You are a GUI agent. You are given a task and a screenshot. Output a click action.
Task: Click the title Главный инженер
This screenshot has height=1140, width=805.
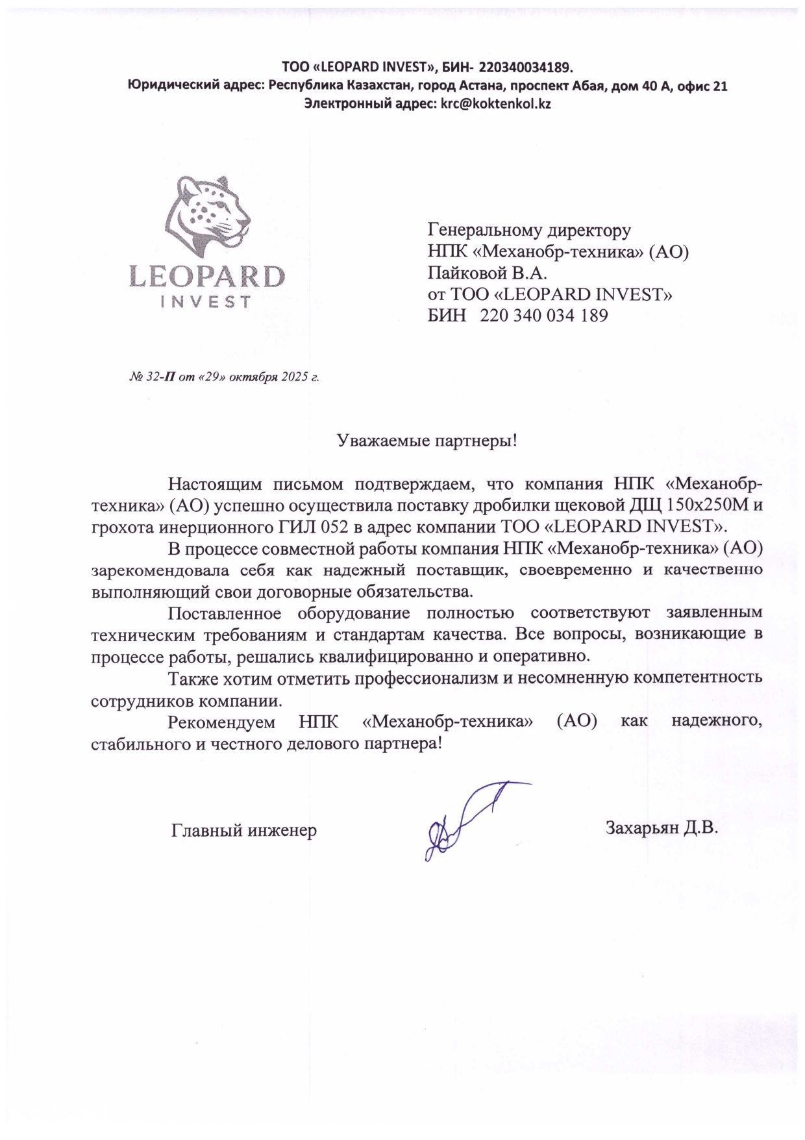(243, 830)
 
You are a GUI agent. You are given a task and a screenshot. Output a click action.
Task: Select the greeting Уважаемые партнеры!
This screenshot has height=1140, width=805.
(427, 441)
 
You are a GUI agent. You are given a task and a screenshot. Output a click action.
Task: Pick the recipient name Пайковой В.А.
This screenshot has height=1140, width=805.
(488, 272)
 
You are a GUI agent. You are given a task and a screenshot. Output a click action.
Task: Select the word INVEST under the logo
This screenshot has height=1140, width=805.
(206, 302)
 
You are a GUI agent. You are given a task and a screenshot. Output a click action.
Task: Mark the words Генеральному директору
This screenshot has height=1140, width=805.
(529, 230)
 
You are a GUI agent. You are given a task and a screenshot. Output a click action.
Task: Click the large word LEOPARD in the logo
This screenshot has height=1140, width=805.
(206, 276)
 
